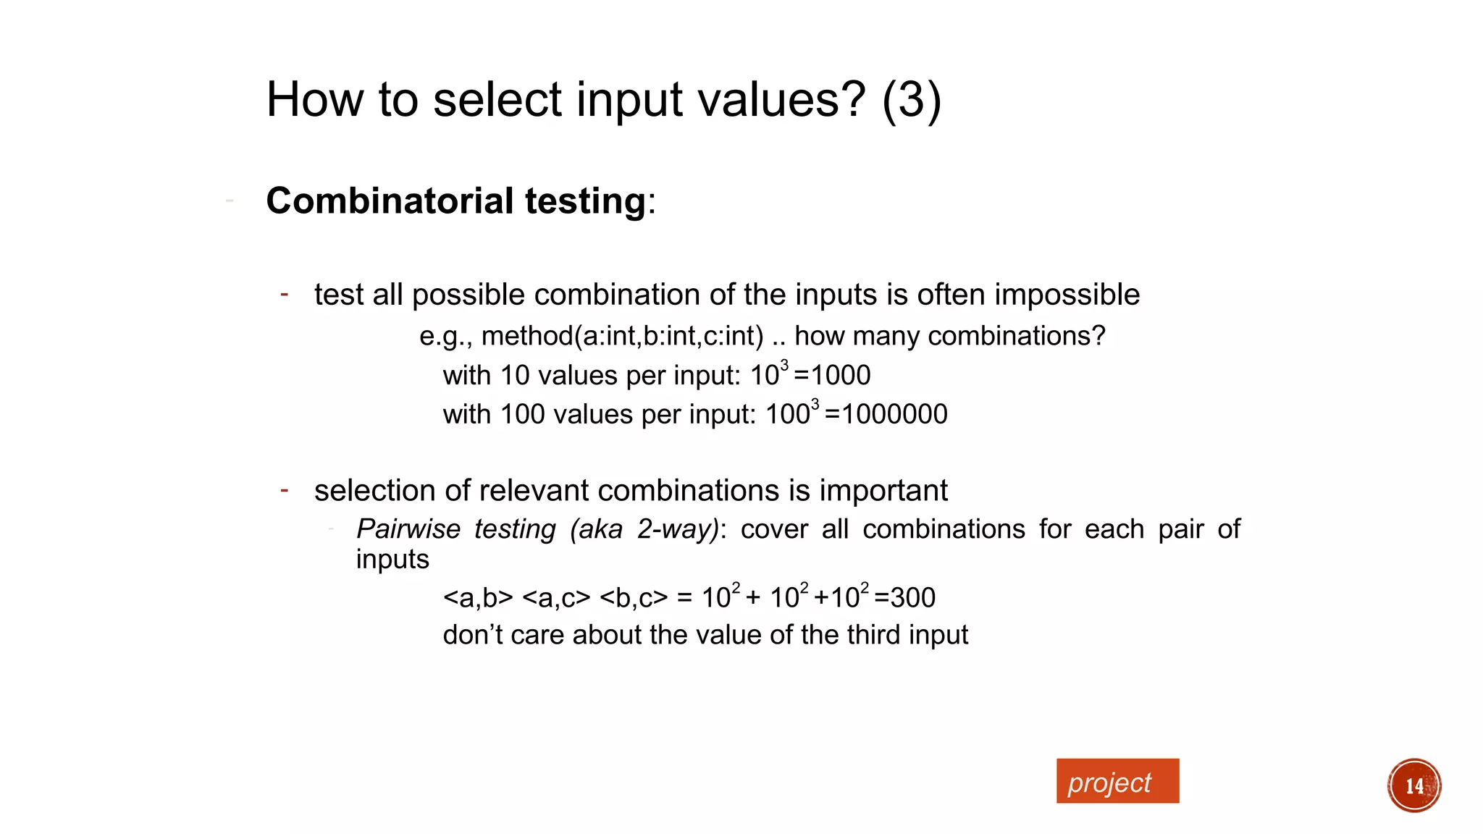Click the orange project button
[1117, 781]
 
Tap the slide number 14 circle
[1413, 785]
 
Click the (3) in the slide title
[912, 99]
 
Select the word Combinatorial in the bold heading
[390, 201]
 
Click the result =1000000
[886, 414]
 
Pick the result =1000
[832, 375]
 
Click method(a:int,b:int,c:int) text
[622, 336]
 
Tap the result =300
[904, 598]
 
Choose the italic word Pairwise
[408, 529]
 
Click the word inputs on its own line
[392, 560]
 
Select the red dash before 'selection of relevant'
[285, 490]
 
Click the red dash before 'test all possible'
[285, 294]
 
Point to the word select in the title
[497, 99]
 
